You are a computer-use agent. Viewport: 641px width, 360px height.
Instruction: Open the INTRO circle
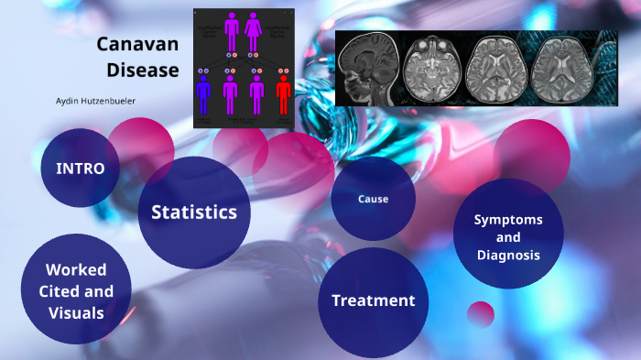pyautogui.click(x=80, y=169)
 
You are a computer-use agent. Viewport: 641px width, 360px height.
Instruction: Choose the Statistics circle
pyautogui.click(x=193, y=213)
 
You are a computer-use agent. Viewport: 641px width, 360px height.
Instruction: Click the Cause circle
pyautogui.click(x=373, y=199)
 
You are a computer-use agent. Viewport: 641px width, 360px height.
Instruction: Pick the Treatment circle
pyautogui.click(x=373, y=300)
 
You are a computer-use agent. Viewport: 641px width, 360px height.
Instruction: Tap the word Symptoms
pyautogui.click(x=507, y=220)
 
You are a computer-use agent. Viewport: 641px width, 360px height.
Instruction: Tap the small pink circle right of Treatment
pyautogui.click(x=480, y=314)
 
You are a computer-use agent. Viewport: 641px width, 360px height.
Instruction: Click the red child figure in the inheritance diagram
pyautogui.click(x=283, y=93)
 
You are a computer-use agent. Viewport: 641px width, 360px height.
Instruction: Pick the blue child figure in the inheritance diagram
pyautogui.click(x=203, y=93)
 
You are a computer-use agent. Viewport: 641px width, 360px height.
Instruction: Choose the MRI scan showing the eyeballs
pyautogui.click(x=431, y=70)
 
